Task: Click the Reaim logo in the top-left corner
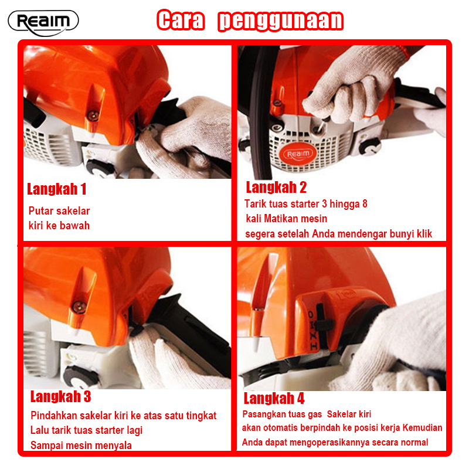(43, 23)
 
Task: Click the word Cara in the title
(181, 20)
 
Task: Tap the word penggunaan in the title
(281, 21)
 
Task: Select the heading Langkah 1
(57, 189)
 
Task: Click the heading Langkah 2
(276, 187)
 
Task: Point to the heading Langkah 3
(60, 397)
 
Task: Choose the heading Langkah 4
(274, 399)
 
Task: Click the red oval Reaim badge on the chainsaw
(298, 154)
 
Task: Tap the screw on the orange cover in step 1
(93, 115)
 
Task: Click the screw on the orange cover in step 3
(79, 306)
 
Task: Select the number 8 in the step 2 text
(365, 203)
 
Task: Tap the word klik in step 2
(424, 233)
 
